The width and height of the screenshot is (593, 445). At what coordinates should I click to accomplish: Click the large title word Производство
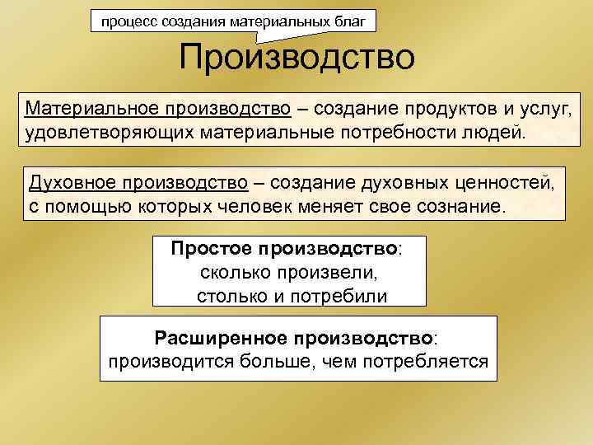coord(296,59)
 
